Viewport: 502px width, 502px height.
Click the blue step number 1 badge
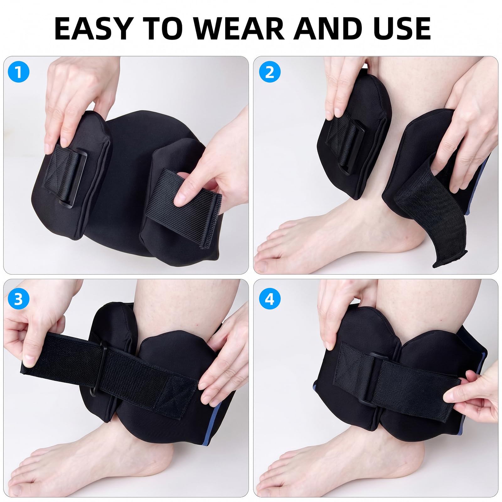tap(19, 72)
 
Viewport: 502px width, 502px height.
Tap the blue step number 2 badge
tap(270, 72)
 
